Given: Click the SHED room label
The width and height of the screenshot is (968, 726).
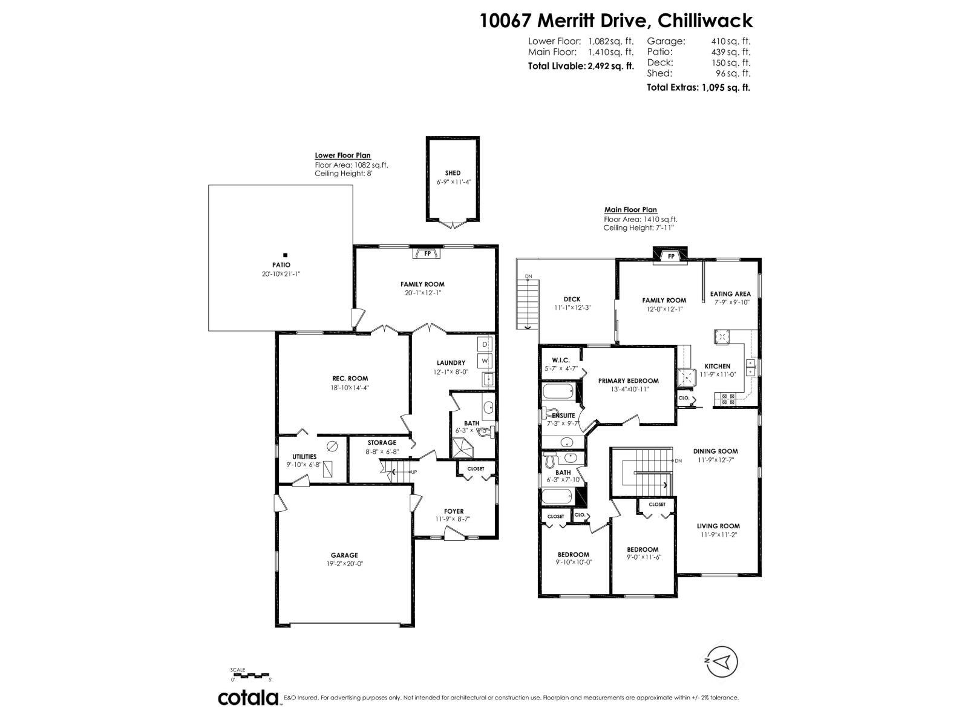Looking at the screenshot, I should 453,173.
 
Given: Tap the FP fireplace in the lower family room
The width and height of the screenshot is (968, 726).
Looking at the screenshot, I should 428,253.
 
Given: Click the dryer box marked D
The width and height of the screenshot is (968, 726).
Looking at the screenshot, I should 485,344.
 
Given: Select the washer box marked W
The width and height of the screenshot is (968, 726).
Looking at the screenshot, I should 485,361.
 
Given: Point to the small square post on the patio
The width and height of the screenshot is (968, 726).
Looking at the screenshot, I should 286,255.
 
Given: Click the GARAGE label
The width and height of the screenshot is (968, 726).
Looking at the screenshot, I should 344,555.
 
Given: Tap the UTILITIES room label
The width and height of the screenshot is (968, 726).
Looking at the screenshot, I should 304,457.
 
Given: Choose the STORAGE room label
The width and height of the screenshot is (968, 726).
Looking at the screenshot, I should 382,443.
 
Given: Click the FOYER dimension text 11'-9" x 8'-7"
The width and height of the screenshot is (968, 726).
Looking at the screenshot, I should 453,519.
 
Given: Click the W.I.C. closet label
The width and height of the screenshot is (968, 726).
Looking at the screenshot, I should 561,360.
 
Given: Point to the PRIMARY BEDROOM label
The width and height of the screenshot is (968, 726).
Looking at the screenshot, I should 628,381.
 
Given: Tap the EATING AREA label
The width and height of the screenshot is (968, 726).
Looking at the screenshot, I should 730,294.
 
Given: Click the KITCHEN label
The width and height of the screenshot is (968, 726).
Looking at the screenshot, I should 718,366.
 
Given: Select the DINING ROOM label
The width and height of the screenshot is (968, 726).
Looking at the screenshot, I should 715,451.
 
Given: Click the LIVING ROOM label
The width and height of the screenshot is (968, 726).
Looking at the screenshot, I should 720,526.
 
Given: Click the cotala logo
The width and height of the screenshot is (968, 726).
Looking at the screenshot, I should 248,698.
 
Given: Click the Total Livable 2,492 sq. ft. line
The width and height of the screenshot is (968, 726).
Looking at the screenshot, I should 581,66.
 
